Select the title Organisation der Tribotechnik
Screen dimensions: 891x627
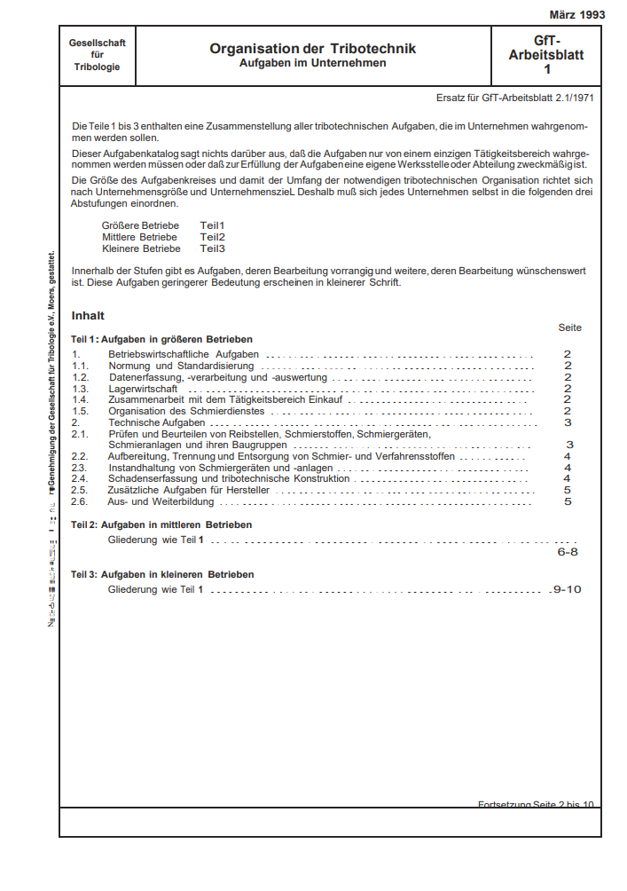point(312,49)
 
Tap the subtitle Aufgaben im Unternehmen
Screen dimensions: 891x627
point(312,64)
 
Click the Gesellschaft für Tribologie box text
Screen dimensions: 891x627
point(98,55)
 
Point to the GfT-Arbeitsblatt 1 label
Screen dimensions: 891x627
point(546,55)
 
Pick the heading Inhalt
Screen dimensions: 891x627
point(88,315)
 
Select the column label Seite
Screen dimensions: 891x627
point(569,327)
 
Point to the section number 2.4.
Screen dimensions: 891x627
point(79,478)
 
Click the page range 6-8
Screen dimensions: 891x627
point(568,551)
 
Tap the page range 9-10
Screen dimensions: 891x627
point(567,588)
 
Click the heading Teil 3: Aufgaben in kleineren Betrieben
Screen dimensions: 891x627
point(162,575)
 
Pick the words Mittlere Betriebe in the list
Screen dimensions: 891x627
point(139,237)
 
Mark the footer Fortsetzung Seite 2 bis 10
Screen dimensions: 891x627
point(536,805)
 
